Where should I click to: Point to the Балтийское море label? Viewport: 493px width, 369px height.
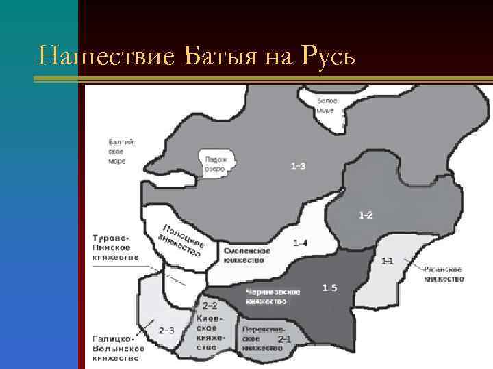click(122, 151)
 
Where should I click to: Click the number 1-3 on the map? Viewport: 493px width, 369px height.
click(298, 166)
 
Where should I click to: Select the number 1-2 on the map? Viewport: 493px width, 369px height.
click(366, 216)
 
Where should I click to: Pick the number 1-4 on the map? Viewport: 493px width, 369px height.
click(300, 243)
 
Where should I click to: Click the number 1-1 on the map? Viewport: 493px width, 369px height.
click(388, 260)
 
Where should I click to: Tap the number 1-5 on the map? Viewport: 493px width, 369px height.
click(329, 288)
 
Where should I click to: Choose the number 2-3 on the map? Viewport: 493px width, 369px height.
click(166, 330)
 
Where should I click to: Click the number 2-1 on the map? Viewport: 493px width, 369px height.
click(284, 338)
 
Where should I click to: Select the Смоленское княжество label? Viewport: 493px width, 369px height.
click(247, 255)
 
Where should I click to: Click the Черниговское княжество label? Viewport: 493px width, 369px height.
click(273, 297)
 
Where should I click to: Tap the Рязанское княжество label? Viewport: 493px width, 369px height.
click(444, 274)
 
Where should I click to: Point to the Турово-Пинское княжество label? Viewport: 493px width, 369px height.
click(115, 247)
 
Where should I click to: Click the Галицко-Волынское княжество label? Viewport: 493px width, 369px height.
click(118, 348)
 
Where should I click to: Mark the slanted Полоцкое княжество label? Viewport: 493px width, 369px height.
click(181, 241)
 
